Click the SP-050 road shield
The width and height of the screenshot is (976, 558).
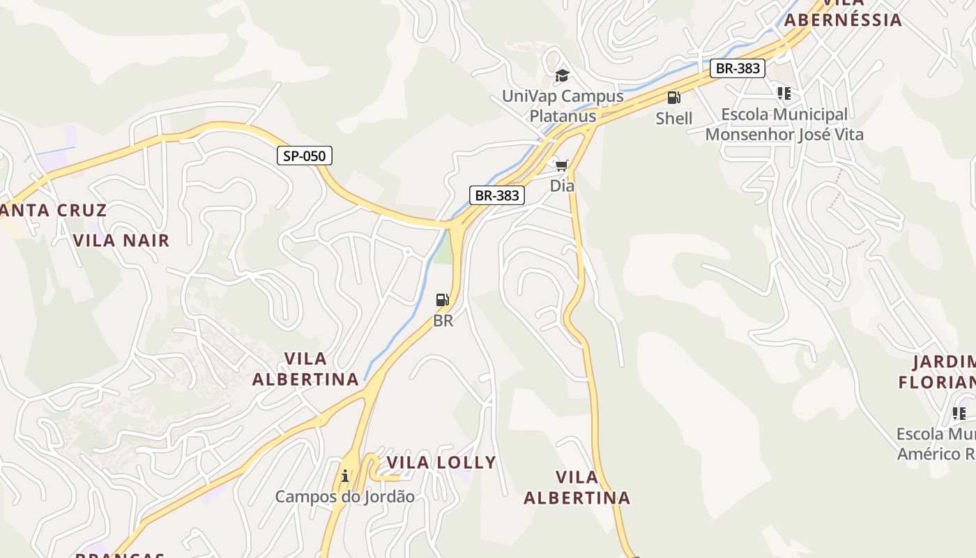pos(305,156)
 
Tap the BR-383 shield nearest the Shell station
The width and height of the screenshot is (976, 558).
pos(738,68)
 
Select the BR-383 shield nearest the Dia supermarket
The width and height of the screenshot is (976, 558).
pos(496,195)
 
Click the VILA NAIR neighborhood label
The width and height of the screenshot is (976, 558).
pos(121,241)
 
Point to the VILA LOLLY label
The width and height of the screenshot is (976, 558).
pos(441,462)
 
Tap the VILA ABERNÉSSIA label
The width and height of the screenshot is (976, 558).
pos(843,19)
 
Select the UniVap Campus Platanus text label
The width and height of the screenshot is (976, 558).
pos(563,106)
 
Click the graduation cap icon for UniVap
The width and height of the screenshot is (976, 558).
pos(562,75)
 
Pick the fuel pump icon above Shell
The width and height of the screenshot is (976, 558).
pos(673,98)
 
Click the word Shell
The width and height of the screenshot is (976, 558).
pos(674,119)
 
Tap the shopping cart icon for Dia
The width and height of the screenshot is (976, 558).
pos(562,165)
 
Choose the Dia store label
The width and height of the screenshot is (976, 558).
pos(562,186)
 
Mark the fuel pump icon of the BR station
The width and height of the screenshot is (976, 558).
pos(443,300)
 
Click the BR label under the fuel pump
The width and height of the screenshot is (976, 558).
pos(443,321)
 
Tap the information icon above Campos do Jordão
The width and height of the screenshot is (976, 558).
pos(345,476)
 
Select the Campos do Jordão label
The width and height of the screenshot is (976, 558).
pos(344,497)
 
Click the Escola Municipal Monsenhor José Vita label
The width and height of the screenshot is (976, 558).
pos(784,124)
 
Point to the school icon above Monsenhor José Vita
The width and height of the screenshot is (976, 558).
pos(784,93)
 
